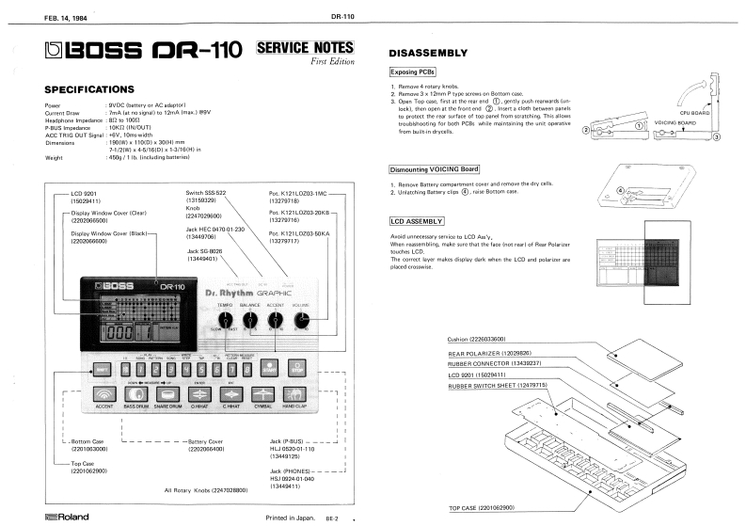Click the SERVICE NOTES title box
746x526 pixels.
[304, 47]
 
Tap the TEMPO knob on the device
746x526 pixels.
[226, 321]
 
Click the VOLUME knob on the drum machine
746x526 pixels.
[301, 321]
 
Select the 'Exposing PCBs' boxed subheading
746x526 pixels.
[413, 72]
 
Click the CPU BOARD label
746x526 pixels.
[698, 111]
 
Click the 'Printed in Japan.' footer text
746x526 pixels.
[291, 517]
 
